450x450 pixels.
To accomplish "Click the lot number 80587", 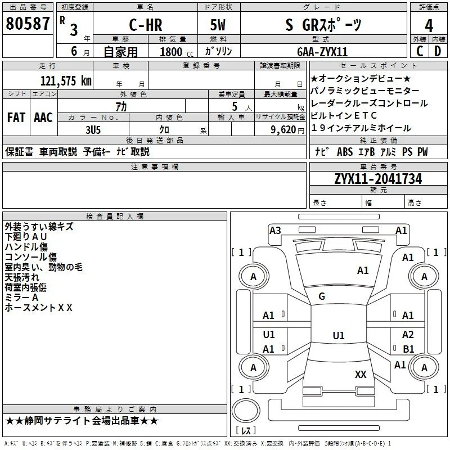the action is point(28,24).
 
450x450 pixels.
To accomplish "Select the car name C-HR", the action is point(146,25).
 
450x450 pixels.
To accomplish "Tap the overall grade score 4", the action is point(429,26).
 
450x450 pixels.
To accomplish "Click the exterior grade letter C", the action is point(420,51).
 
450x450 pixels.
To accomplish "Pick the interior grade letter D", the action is point(438,51).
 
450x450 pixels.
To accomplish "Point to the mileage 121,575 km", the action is point(66,81).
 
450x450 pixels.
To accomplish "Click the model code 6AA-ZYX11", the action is point(322,52).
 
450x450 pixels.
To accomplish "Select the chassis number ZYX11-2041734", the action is point(378,179).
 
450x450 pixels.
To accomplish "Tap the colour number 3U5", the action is point(93,130).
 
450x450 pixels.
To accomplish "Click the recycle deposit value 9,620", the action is point(283,130).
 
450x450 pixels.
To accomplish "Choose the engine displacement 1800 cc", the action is point(177,52).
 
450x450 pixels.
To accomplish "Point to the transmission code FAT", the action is point(16,118).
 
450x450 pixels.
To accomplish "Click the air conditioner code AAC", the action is point(43,118).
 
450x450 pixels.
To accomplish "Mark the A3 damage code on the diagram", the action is point(275,231).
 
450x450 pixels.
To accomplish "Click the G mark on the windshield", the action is point(322,296).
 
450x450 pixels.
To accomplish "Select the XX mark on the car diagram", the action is point(361,374).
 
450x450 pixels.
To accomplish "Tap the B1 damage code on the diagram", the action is point(408,349).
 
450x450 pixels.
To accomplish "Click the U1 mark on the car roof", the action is point(339,335).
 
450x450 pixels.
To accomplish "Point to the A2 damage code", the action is point(408,334).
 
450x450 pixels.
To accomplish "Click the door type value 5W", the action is point(218,25).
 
